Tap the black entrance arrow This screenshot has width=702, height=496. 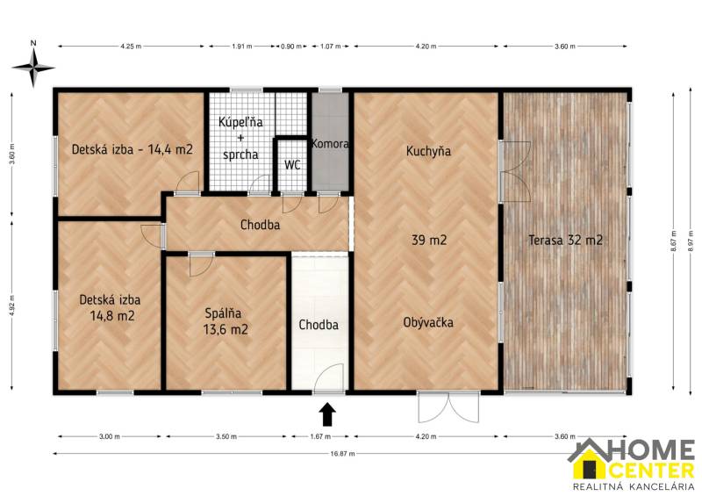pyautogui.click(x=326, y=412)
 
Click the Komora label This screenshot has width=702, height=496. pyautogui.click(x=331, y=143)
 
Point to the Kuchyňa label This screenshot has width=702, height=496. pyautogui.click(x=428, y=151)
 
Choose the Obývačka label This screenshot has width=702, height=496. pyautogui.click(x=428, y=322)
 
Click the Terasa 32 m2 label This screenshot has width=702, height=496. pyautogui.click(x=565, y=239)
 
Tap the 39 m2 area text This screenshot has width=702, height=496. pyautogui.click(x=428, y=239)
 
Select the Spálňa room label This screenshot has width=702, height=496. pyautogui.click(x=226, y=313)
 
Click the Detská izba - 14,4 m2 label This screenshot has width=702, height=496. pyautogui.click(x=132, y=149)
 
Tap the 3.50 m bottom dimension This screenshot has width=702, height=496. pyautogui.click(x=226, y=436)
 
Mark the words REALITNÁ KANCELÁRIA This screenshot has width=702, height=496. pyautogui.click(x=633, y=485)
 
